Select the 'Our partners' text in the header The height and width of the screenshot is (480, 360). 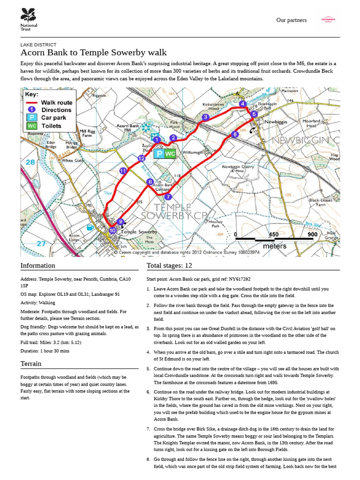point(291,20)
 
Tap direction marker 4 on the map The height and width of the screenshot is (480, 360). point(242,104)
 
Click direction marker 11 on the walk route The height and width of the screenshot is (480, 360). point(123,172)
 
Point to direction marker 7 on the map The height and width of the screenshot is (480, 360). point(168,197)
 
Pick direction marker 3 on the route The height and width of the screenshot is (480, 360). point(205,117)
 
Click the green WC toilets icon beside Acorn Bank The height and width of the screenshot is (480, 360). point(170,153)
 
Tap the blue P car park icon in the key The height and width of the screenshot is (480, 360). point(31,118)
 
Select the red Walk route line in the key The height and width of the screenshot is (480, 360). point(31,102)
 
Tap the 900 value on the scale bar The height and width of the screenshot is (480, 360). point(313,235)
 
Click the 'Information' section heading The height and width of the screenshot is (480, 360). point(38,266)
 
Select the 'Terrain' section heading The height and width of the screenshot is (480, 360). point(31,363)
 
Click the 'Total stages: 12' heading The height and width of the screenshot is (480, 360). point(169,266)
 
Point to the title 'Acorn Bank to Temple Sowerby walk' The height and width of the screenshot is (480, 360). point(94,52)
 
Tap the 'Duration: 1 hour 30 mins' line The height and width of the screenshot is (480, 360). point(45,351)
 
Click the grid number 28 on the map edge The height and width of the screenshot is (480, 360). point(30,162)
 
